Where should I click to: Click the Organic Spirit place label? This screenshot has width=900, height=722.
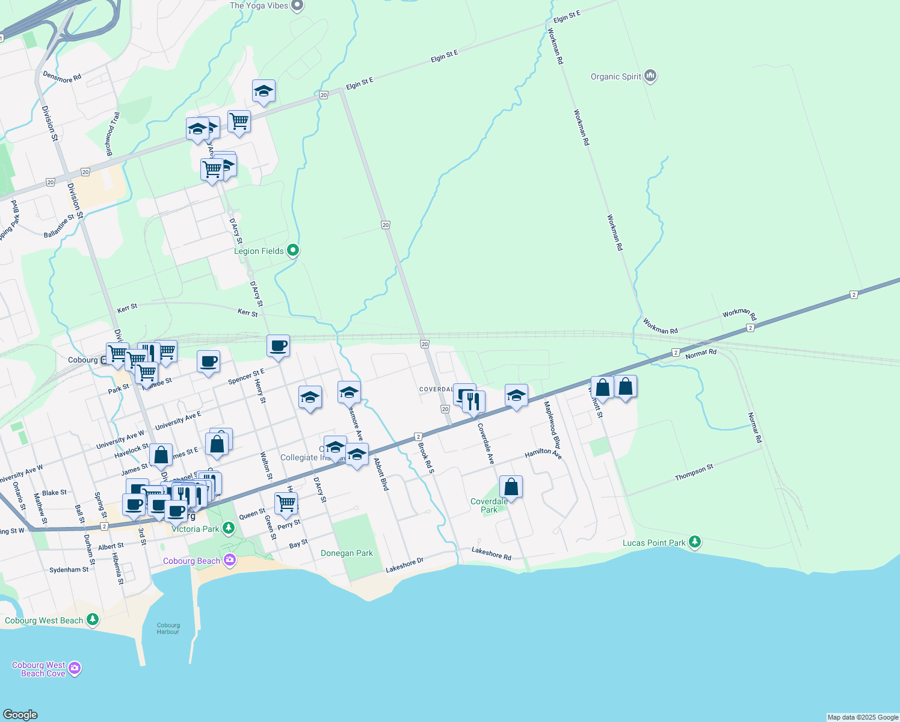point(615,76)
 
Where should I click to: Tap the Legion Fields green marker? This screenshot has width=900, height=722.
point(292,250)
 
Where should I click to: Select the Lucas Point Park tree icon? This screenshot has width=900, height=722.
point(695,542)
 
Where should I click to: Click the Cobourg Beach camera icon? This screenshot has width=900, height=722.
point(229,560)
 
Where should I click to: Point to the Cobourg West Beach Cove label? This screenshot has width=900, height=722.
point(39,669)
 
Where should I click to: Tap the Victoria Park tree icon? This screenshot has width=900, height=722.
point(228,528)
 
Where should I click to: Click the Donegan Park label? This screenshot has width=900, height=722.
point(347,553)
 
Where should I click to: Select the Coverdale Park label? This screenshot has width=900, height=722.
point(489,505)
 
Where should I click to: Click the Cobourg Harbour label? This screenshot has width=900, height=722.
point(168,628)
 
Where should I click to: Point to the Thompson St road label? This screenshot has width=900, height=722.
point(694,472)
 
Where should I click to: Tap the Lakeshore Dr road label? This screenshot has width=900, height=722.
point(404,565)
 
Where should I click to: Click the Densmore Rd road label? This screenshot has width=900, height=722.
point(62,76)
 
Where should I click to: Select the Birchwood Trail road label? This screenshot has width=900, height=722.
point(113,134)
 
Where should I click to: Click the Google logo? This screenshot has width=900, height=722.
point(20,714)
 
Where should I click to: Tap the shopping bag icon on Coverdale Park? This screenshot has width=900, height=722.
point(511,486)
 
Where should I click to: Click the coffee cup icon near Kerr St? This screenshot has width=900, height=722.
point(278,346)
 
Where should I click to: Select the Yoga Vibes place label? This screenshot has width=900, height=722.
point(259,6)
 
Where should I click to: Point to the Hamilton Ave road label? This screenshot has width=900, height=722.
point(543,454)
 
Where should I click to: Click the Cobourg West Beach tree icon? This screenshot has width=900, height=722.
point(92,619)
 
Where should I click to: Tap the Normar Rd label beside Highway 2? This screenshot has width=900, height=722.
point(701,353)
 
